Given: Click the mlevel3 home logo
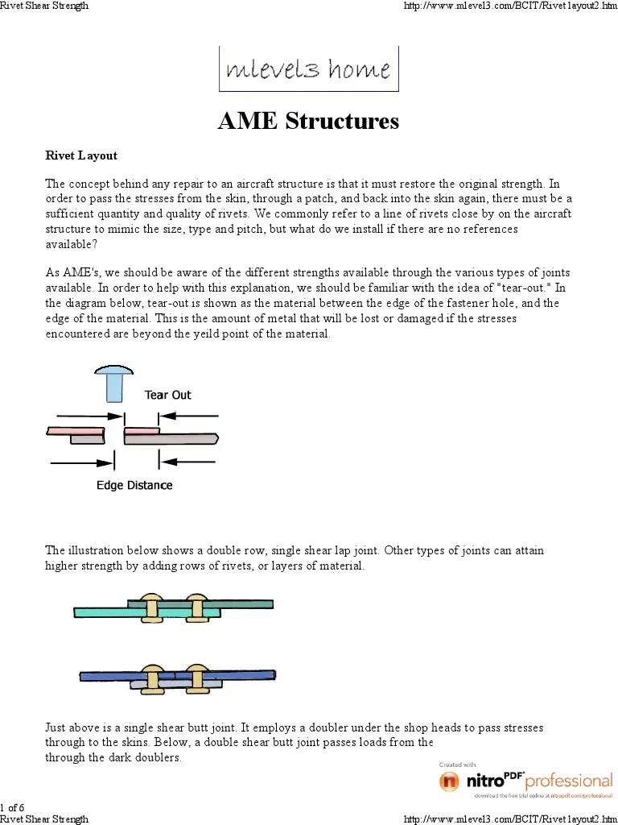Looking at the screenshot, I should pyautogui.click(x=308, y=69).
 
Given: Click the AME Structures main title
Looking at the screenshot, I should pyautogui.click(x=308, y=121).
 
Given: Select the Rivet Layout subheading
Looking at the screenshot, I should pyautogui.click(x=81, y=155).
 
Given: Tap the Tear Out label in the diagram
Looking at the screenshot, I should pyautogui.click(x=167, y=395).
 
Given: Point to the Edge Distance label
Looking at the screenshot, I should pyautogui.click(x=134, y=485).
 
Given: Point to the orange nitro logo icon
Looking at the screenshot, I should pyautogui.click(x=450, y=781).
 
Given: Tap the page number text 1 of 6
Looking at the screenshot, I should pyautogui.click(x=12, y=807).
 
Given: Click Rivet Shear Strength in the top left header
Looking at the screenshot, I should pyautogui.click(x=44, y=6).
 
